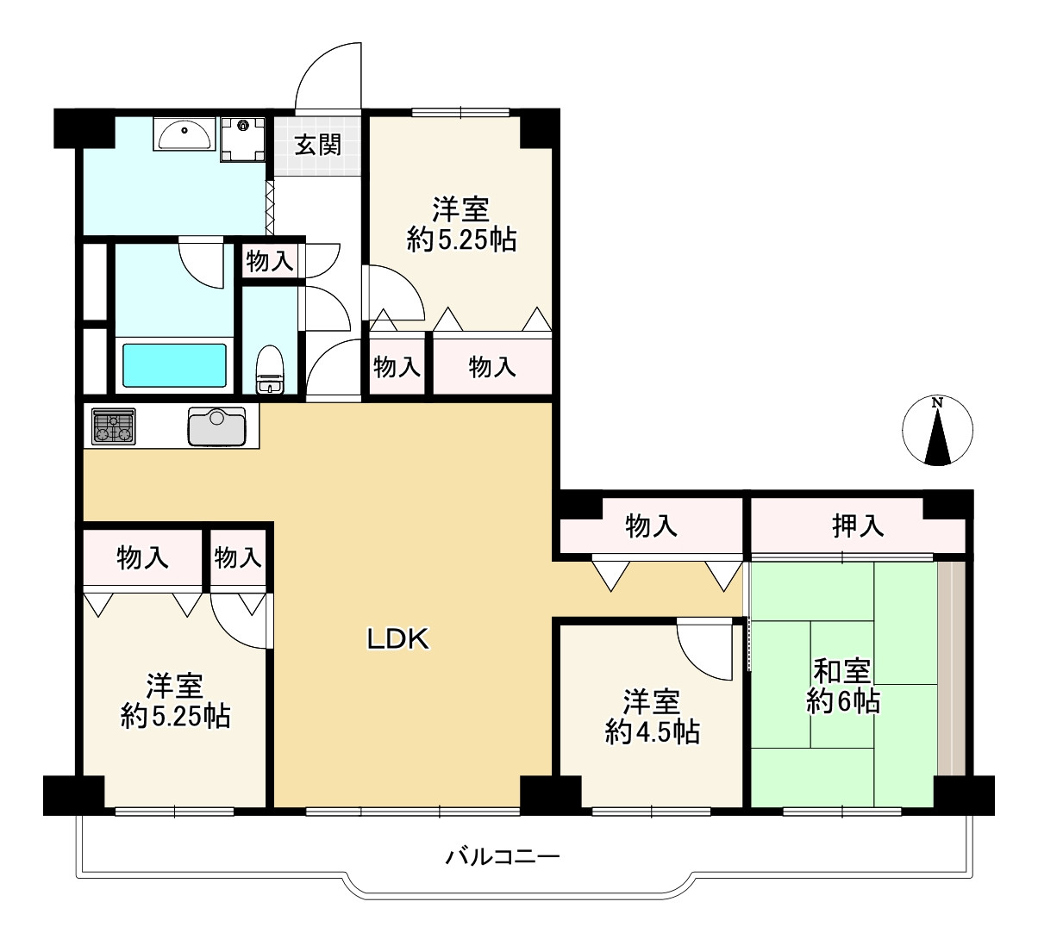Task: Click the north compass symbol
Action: [x=937, y=431]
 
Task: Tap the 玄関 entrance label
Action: [x=318, y=145]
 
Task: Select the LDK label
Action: [x=398, y=638]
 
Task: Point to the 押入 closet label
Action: [x=858, y=525]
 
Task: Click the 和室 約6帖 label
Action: [x=842, y=687]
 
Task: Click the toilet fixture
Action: [x=270, y=369]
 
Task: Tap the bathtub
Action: [x=174, y=365]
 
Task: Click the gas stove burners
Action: [x=114, y=426]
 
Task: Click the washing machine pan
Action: [x=243, y=137]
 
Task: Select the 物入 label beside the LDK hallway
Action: [x=651, y=525]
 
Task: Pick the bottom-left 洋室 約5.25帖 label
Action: [x=175, y=701]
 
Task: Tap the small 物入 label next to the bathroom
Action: [x=270, y=261]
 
